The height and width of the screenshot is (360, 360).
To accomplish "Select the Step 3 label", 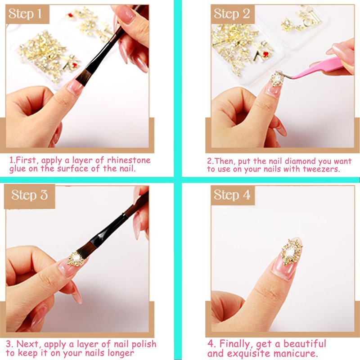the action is point(30,196).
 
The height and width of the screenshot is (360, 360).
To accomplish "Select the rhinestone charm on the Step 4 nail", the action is point(291,252).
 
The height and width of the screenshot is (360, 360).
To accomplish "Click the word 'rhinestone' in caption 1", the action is point(129,160).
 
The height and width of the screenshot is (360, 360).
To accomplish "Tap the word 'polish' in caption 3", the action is point(144,344).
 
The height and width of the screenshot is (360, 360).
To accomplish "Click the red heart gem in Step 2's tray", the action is point(265,54).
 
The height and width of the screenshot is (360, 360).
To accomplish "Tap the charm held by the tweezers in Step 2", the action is point(277,78).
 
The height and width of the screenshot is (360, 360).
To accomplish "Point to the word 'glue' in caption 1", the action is point(18,169).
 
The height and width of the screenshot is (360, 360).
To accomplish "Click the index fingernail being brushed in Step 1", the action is point(75,86).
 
